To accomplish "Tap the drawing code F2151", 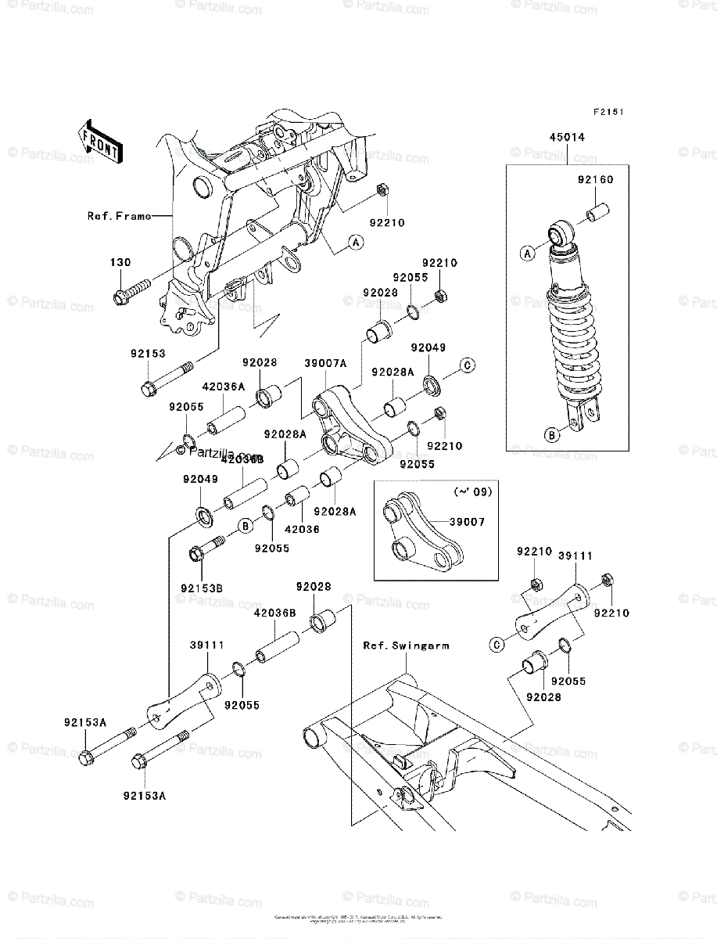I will (x=608, y=113).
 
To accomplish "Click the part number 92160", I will (x=596, y=180).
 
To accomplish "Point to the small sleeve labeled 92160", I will (x=597, y=213).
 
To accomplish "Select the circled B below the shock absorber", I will (x=552, y=436).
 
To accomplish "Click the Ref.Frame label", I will (x=117, y=216).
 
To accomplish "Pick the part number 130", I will (x=120, y=263).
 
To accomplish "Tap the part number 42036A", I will (x=224, y=386).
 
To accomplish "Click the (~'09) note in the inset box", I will (x=470, y=492).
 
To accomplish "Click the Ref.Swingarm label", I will (x=405, y=646).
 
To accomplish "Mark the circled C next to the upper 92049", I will (x=467, y=365).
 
